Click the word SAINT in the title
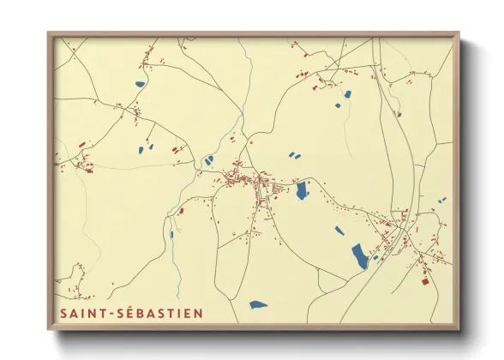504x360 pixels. (83, 314)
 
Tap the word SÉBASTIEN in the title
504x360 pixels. (161, 314)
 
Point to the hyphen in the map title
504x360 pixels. (111, 314)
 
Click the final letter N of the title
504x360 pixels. (200, 314)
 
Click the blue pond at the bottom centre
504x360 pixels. (257, 304)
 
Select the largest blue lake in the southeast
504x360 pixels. (359, 255)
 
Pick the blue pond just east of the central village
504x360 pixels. (302, 191)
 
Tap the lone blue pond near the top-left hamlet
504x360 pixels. (140, 84)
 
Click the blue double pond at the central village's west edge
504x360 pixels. (208, 159)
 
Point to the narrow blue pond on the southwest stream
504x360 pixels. (171, 233)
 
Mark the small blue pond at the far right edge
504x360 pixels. (442, 200)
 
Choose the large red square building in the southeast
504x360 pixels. (423, 279)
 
